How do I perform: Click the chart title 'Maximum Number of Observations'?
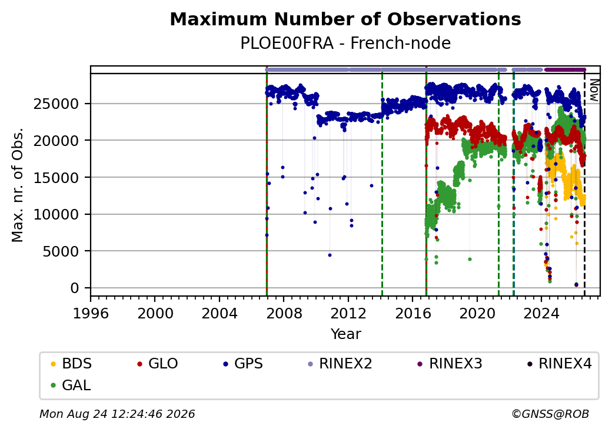click(x=345, y=19)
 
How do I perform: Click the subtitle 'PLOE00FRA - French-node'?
click(x=345, y=43)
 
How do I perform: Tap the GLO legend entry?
click(x=157, y=364)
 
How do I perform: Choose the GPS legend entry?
click(x=243, y=364)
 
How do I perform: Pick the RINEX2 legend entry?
click(x=340, y=364)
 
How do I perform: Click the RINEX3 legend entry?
click(x=450, y=364)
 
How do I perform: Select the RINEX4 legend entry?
click(x=559, y=364)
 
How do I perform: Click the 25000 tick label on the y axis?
click(x=56, y=104)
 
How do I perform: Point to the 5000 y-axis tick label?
click(x=61, y=251)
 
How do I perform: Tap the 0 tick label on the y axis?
click(x=75, y=288)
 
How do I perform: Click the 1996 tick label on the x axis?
click(x=91, y=313)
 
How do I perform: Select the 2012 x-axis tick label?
click(x=348, y=313)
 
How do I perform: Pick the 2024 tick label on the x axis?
click(x=541, y=313)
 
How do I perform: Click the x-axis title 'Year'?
click(x=346, y=334)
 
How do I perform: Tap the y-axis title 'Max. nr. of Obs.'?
click(x=18, y=185)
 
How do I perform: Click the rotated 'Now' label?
click(x=594, y=90)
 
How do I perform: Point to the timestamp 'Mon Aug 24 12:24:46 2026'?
click(x=117, y=414)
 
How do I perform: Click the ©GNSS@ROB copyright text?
click(x=550, y=414)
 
